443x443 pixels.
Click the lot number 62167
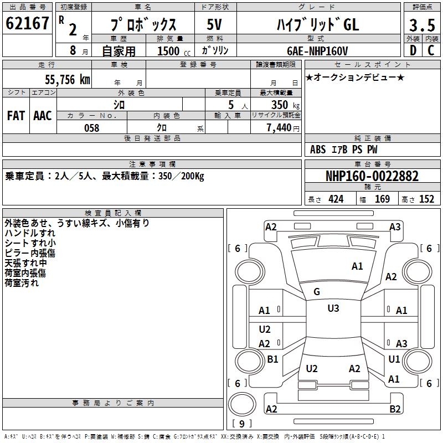[27, 24]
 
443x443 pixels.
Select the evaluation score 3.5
[421, 25]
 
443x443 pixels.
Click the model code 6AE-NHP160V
[317, 51]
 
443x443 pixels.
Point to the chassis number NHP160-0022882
[372, 176]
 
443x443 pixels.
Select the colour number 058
[91, 128]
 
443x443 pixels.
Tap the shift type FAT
[16, 116]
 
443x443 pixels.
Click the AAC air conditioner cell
[42, 116]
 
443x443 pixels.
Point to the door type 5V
[214, 25]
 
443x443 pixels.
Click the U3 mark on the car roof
[333, 308]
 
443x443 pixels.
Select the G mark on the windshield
[317, 291]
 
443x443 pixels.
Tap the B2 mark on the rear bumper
[395, 409]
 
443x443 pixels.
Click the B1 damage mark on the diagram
[272, 359]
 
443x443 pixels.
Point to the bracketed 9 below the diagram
[241, 424]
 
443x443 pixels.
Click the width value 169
[382, 199]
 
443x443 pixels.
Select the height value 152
[427, 199]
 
